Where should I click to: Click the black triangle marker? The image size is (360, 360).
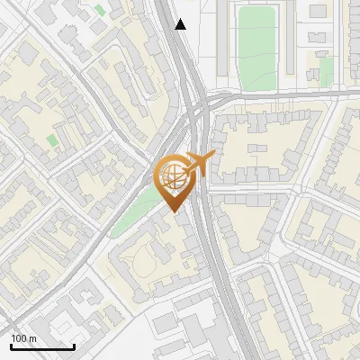pos(181,24)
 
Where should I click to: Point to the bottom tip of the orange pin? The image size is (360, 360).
pos(171,211)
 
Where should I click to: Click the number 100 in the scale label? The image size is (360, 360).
pos(19,338)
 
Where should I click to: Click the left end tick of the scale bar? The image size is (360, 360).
pos(11,346)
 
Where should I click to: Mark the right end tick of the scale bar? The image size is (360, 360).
pos(74,346)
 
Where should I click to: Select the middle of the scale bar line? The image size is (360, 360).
pos(42,347)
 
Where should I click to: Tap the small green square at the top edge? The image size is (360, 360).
pos(98,10)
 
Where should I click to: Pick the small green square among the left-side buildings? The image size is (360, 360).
pos(52,140)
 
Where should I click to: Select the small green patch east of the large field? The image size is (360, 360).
pos(326,68)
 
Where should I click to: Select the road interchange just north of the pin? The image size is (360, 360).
pos(196,112)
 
